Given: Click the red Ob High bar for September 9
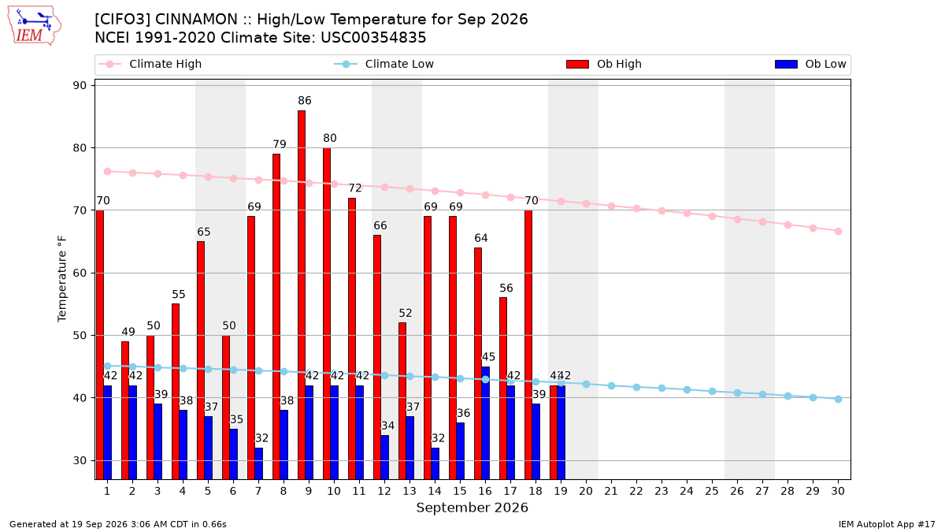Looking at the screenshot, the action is click(x=302, y=295).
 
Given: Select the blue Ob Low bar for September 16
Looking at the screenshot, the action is click(x=486, y=422).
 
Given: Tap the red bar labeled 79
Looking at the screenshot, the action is click(x=276, y=317).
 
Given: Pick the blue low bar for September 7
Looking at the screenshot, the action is click(x=258, y=463).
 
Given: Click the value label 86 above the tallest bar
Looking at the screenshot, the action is click(x=305, y=101).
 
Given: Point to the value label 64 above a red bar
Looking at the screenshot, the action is click(x=481, y=238).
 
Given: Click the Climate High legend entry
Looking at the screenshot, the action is click(x=150, y=64).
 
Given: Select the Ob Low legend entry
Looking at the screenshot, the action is click(x=810, y=64).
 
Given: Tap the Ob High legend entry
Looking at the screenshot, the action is click(x=604, y=64).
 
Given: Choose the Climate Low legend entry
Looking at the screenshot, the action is click(x=384, y=64).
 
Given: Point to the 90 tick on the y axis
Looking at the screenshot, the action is click(x=80, y=85).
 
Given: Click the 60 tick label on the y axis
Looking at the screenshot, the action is click(x=80, y=273).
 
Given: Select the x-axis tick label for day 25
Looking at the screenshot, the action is click(x=712, y=491).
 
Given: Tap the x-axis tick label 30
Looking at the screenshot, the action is click(x=838, y=491).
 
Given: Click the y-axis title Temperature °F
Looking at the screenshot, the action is click(x=62, y=279).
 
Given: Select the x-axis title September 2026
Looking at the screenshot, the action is click(x=472, y=508).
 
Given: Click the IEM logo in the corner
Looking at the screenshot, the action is click(x=35, y=25).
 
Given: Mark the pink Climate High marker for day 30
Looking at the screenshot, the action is click(x=838, y=232).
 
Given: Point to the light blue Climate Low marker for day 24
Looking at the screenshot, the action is click(x=687, y=389).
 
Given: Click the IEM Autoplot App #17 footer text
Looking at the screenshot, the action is click(x=887, y=524).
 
